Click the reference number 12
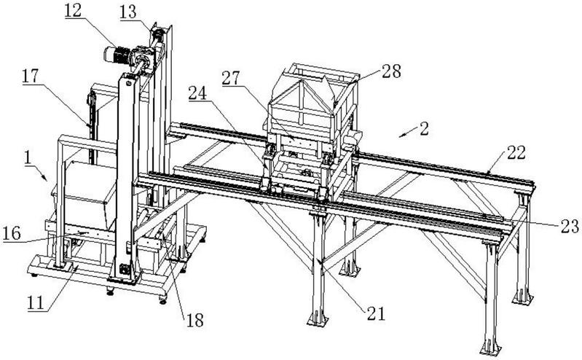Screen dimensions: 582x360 73,10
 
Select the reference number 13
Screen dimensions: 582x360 128,12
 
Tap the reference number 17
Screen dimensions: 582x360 30,77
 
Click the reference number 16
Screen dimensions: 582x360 12,234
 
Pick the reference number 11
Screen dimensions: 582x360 36,302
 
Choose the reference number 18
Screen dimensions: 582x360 195,320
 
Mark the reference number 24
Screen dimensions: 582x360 197,93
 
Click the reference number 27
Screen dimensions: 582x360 231,78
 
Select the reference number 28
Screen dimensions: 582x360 392,71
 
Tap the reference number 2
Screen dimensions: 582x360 424,128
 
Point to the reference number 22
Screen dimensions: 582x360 516,152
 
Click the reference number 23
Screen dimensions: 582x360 570,226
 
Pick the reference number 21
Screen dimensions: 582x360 376,313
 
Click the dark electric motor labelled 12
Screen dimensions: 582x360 116,55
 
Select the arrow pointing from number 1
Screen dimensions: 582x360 41,173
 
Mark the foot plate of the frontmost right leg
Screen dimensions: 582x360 490,350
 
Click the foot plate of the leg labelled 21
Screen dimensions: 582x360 318,319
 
